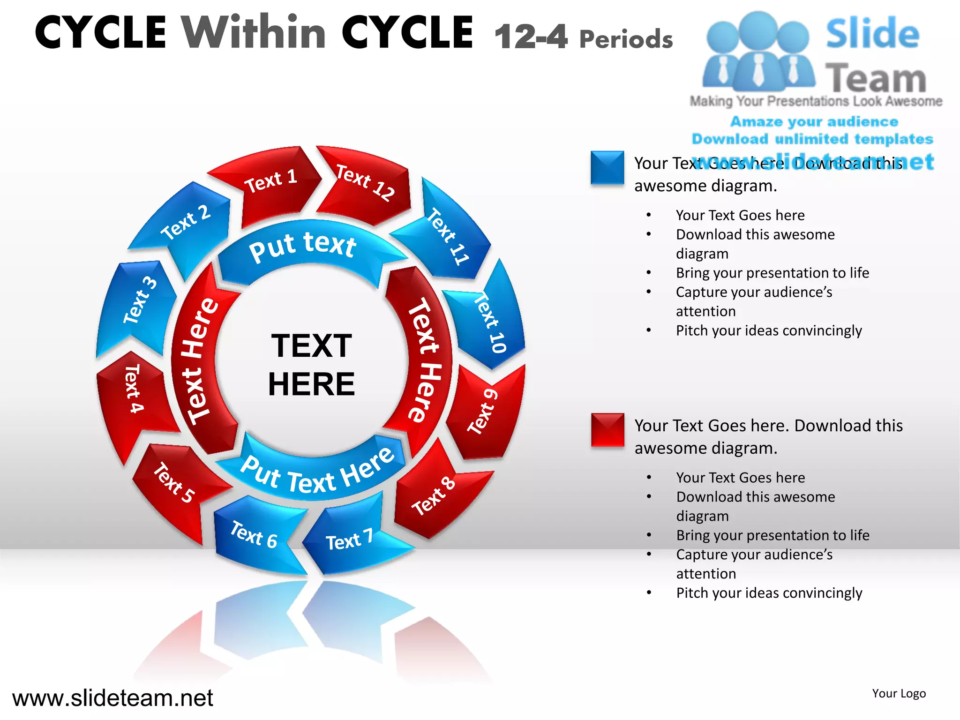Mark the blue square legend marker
607,167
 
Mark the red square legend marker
607,429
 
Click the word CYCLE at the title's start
101,33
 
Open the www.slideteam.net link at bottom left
112,698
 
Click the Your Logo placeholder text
899,694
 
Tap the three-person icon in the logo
758,52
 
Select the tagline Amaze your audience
814,122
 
